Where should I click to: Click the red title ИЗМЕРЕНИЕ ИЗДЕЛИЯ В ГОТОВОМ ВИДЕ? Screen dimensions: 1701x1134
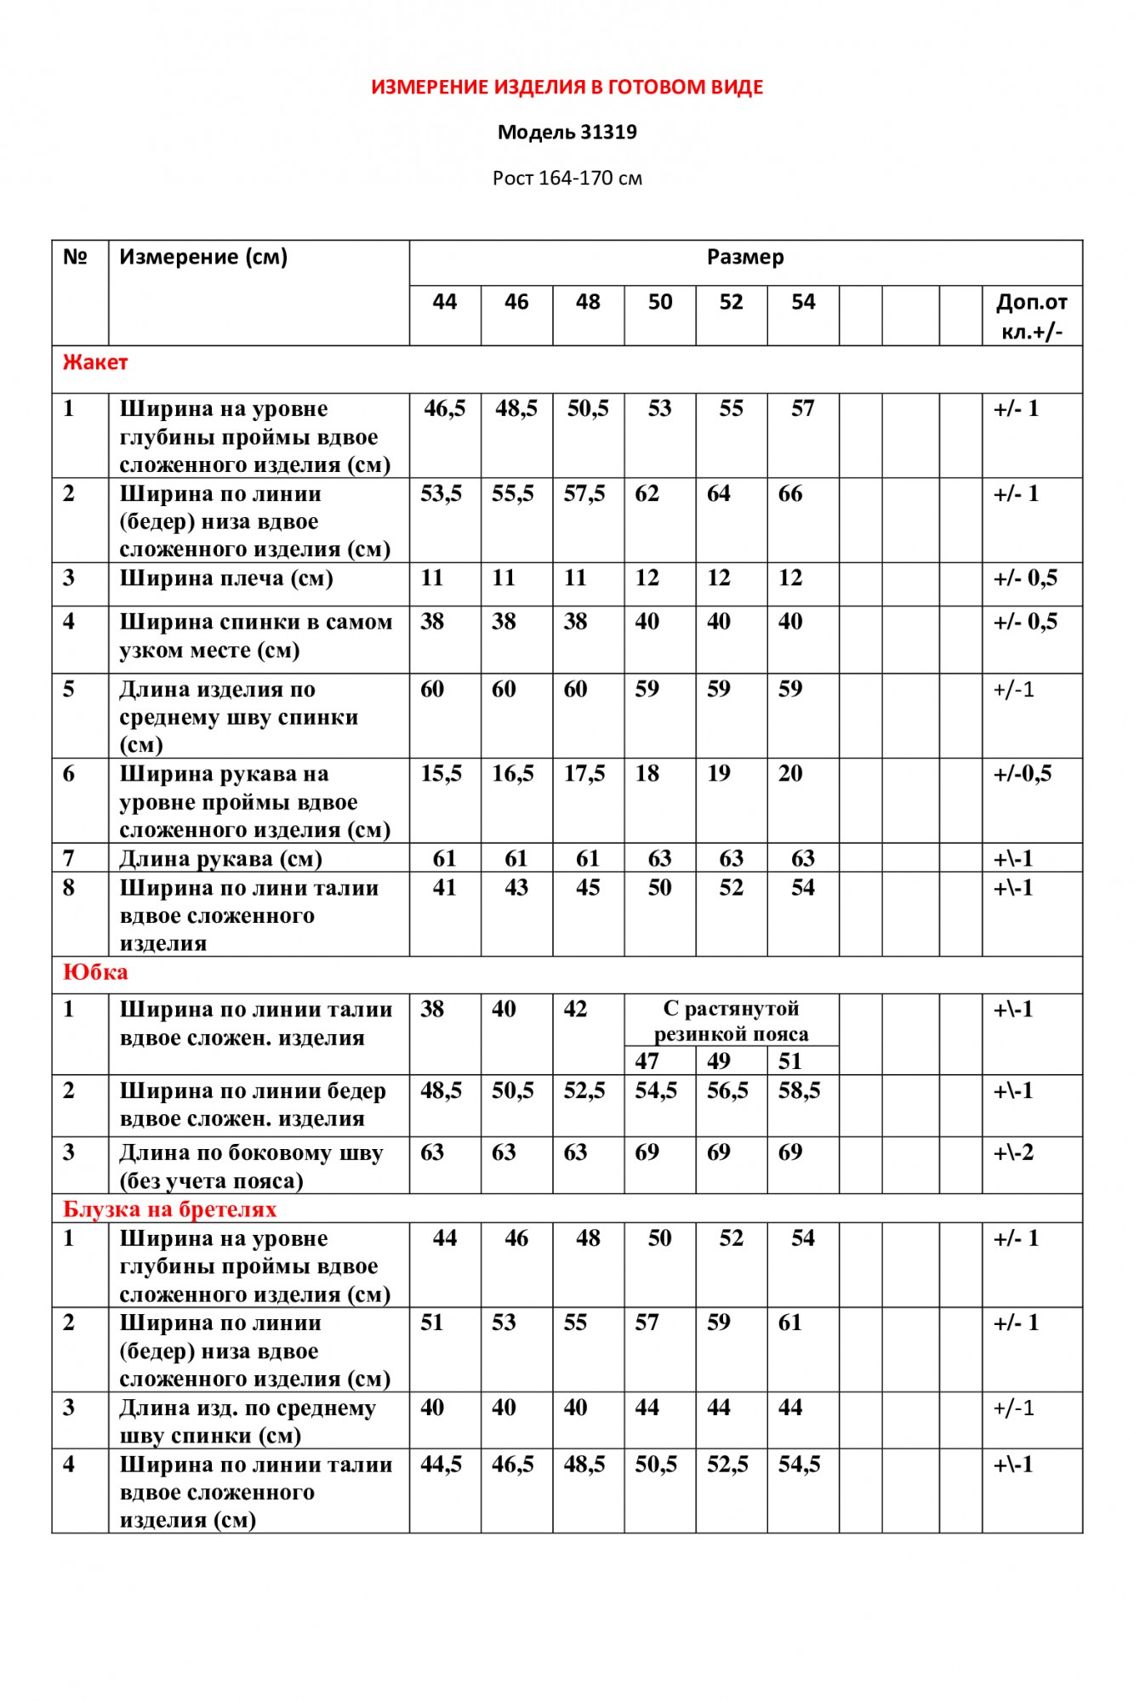click(x=567, y=87)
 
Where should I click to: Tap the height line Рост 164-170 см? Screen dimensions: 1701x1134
click(x=567, y=178)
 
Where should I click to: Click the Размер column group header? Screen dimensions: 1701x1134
click(x=745, y=257)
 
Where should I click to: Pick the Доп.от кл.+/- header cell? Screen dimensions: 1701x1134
click(x=1031, y=316)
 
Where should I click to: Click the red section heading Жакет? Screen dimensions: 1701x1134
click(x=95, y=362)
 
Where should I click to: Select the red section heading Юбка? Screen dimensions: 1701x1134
click(x=95, y=972)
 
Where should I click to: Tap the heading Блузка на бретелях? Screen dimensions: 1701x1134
click(x=170, y=1209)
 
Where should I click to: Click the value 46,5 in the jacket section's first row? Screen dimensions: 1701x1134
click(x=444, y=408)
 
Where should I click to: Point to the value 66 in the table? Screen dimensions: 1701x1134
click(x=790, y=493)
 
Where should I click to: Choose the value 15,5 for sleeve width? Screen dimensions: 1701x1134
click(x=441, y=773)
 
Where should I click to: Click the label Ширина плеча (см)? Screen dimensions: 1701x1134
click(x=226, y=578)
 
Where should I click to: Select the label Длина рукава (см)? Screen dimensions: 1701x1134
click(x=221, y=858)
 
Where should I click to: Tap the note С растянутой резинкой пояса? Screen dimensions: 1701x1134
click(x=731, y=1021)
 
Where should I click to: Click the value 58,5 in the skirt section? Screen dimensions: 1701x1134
click(x=799, y=1090)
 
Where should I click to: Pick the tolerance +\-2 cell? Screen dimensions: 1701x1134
click(x=1013, y=1152)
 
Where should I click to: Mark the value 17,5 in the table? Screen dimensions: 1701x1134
click(x=584, y=773)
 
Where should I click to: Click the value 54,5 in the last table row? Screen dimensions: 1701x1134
click(x=799, y=1464)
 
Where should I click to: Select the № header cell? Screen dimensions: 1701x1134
click(x=76, y=257)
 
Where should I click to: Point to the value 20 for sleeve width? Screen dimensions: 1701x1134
click(x=790, y=773)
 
